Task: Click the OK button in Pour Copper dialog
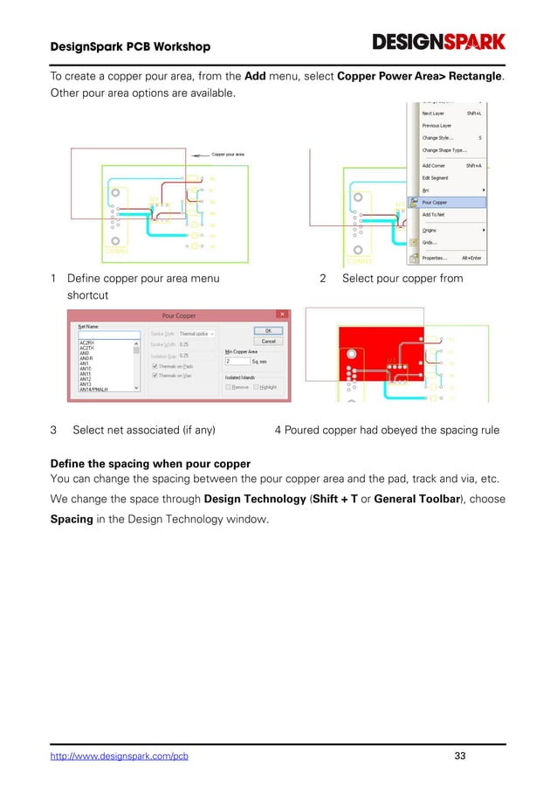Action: pyautogui.click(x=268, y=330)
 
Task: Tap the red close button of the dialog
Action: pyautogui.click(x=281, y=314)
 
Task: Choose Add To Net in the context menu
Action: pyautogui.click(x=437, y=214)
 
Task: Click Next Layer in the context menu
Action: pyautogui.click(x=434, y=113)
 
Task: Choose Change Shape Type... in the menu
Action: pyautogui.click(x=444, y=150)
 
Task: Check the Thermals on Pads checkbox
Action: pyautogui.click(x=155, y=365)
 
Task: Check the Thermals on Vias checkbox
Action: pyautogui.click(x=155, y=375)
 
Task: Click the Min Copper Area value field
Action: pyautogui.click(x=237, y=360)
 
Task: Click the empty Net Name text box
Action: pyautogui.click(x=108, y=334)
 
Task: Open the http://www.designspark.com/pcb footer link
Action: pyautogui.click(x=119, y=755)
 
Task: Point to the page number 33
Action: pyautogui.click(x=461, y=755)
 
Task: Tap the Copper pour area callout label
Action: pyautogui.click(x=228, y=154)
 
